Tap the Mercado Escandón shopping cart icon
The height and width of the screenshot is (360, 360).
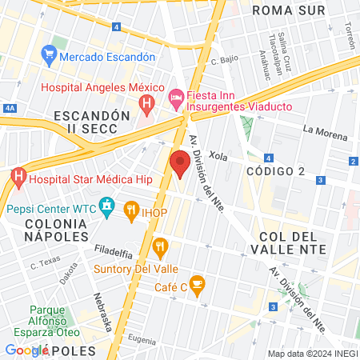50,57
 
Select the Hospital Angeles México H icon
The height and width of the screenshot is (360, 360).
146,103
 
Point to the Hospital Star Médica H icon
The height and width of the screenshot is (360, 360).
18,177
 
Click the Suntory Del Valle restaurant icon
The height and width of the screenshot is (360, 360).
161,247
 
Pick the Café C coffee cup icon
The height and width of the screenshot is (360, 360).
198,284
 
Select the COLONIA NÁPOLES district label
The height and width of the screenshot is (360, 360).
55,229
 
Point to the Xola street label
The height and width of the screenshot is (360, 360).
218,156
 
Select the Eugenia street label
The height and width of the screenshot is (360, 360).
142,340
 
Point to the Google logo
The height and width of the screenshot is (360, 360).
26,350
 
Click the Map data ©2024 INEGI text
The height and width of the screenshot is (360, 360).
311,353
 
